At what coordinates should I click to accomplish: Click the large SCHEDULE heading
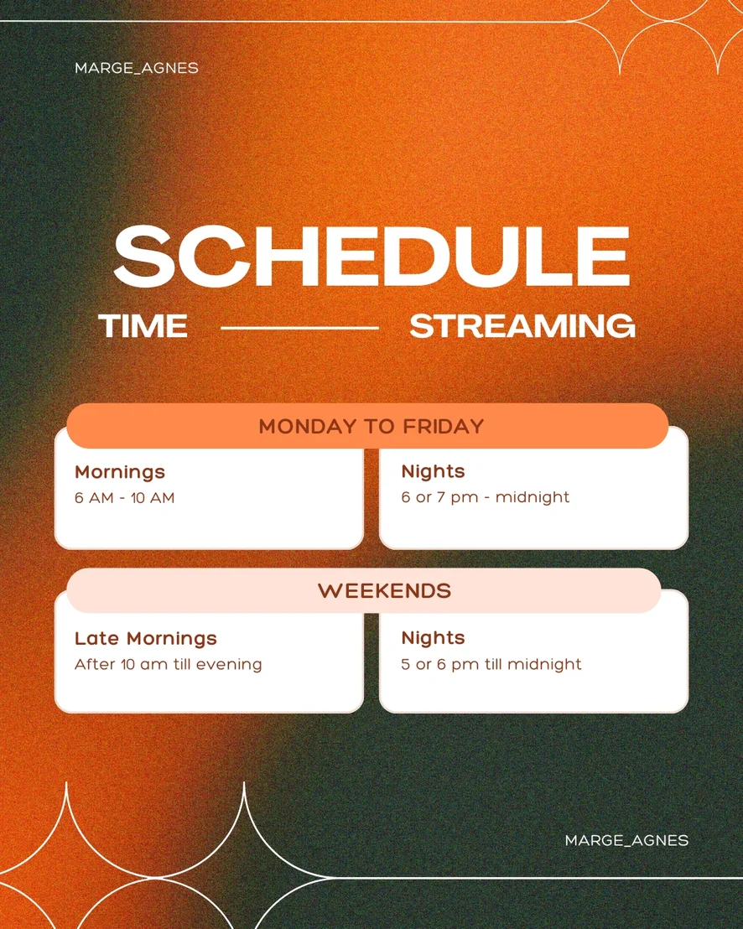[371, 257]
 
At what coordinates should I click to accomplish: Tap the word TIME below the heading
[143, 326]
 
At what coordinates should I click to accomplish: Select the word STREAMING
[522, 326]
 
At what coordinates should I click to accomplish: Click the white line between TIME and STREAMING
[299, 328]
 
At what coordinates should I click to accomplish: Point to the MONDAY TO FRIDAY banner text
[371, 427]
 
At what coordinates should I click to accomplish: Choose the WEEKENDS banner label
[385, 591]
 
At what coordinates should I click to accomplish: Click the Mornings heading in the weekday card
[120, 471]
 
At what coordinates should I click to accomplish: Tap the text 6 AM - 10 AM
[124, 498]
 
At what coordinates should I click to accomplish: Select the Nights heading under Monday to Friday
[433, 471]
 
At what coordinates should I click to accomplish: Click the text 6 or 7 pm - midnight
[486, 497]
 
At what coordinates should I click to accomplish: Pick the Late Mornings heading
[146, 638]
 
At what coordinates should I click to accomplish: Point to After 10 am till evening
[169, 664]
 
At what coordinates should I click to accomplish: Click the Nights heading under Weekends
[433, 637]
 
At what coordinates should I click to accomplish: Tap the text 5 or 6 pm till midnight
[491, 664]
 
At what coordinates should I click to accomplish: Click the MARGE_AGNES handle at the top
[137, 68]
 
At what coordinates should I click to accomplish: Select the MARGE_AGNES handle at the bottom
[627, 840]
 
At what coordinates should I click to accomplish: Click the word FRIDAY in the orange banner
[444, 427]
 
